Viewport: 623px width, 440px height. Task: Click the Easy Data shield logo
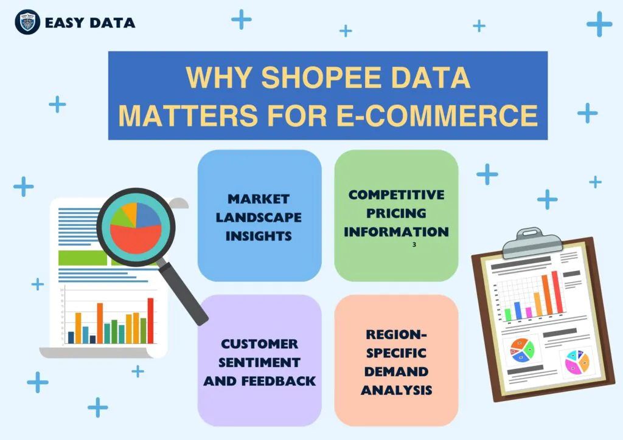[x=27, y=22]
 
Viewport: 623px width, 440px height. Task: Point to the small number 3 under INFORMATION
[x=414, y=245]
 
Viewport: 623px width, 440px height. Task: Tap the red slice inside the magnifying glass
[x=135, y=237]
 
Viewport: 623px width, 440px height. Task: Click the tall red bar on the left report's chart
[x=150, y=320]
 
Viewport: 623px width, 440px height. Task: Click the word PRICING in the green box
[x=396, y=213]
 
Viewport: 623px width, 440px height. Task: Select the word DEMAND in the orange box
[x=396, y=371]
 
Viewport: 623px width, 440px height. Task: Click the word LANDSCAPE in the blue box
[x=259, y=217]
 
